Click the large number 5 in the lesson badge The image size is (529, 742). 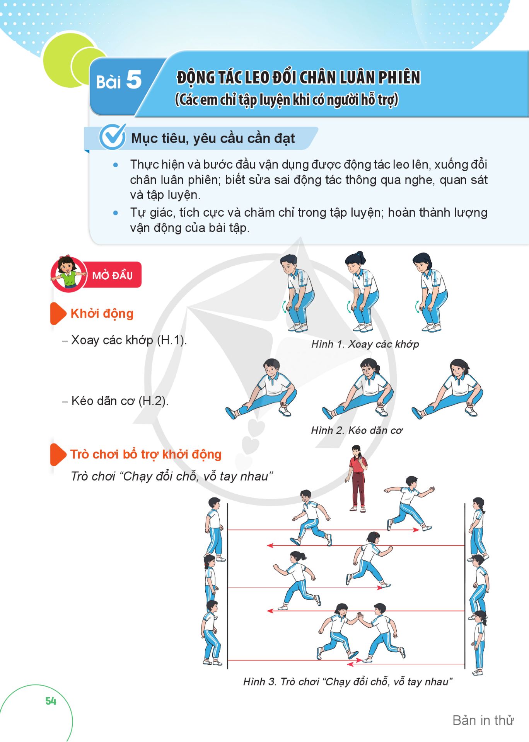pos(134,80)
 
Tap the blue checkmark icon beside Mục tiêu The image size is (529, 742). pos(113,137)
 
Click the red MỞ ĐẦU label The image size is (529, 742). pos(112,275)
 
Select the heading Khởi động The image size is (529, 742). pos(102,313)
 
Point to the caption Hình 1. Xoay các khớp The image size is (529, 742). pos(365,344)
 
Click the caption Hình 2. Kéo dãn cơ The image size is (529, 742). pos(357,430)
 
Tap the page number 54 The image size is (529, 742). pos(51,701)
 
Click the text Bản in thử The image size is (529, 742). pos(483,720)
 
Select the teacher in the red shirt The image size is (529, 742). pos(357,479)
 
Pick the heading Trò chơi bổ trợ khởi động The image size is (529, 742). pos(146,454)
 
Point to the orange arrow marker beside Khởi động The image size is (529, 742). pos(58,313)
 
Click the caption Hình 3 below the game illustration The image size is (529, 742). pos(348,682)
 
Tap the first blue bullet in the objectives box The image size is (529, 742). pos(115,165)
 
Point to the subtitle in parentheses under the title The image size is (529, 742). pos(287,100)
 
